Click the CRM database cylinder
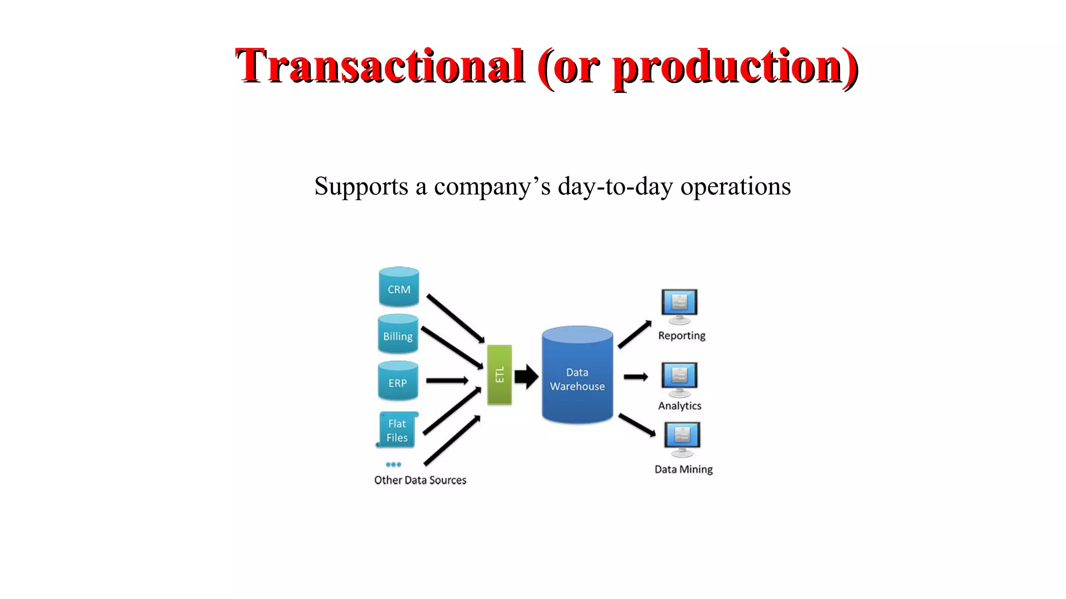(x=399, y=287)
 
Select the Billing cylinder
(x=398, y=334)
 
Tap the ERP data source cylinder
(x=398, y=381)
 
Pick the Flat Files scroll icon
(x=397, y=430)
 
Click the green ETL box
(x=499, y=374)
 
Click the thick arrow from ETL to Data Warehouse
(x=526, y=376)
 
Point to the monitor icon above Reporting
(x=679, y=306)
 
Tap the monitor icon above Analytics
(x=679, y=379)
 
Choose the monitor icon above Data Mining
(x=682, y=438)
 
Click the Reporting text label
(x=682, y=336)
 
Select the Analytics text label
(x=679, y=406)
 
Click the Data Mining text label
(x=683, y=470)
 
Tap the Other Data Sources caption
(x=420, y=480)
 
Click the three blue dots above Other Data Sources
(x=394, y=464)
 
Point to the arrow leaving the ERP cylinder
(x=447, y=381)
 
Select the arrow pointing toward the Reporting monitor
(x=634, y=334)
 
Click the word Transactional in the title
(x=379, y=66)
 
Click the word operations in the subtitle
(x=735, y=186)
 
